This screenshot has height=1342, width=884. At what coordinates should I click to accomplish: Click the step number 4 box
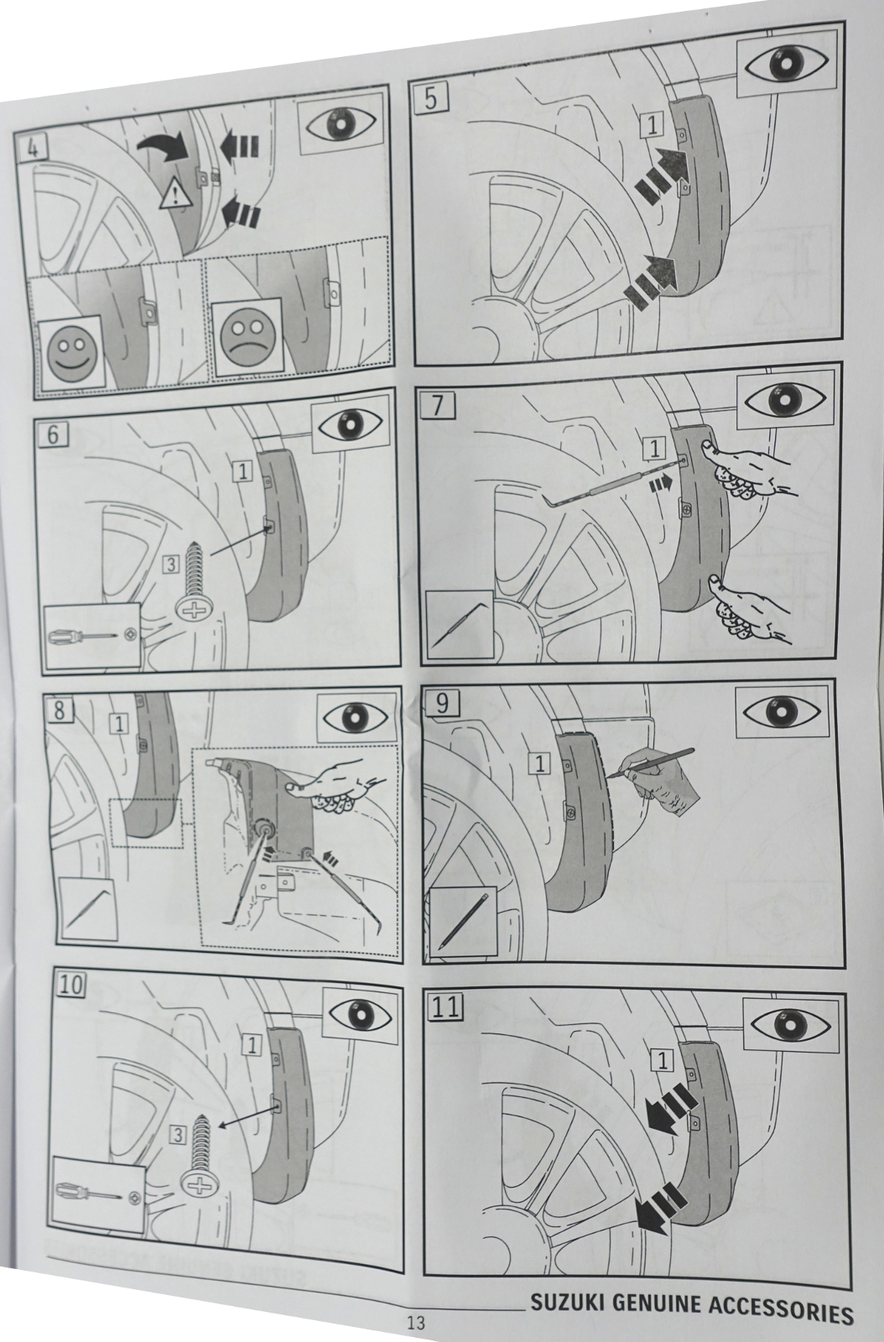34,148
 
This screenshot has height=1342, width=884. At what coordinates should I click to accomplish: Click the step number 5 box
430,99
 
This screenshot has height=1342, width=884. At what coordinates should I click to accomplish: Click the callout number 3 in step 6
171,564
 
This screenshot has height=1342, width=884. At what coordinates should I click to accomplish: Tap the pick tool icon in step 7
457,625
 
